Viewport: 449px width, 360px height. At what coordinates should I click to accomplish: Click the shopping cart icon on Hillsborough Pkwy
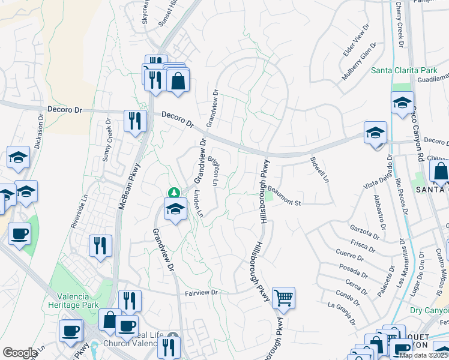coord(283,298)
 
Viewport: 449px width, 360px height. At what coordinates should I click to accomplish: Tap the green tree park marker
coord(174,193)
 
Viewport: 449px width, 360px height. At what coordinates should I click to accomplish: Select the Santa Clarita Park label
coord(403,70)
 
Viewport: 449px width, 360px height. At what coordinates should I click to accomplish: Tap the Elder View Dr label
coord(355,41)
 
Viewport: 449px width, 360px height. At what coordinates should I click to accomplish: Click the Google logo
coord(20,353)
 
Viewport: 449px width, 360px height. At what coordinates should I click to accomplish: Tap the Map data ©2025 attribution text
coord(423,355)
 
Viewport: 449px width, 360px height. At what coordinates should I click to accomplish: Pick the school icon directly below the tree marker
coord(174,210)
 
